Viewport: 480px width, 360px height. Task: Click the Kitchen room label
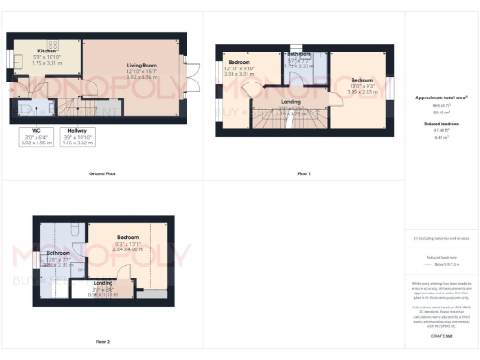[x=47, y=51]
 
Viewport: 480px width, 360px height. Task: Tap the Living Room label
[x=140, y=67]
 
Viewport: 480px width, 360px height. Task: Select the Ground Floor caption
[x=102, y=174]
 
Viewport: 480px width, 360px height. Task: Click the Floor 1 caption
[x=304, y=174]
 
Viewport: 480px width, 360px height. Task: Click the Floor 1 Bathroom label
[x=299, y=55]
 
